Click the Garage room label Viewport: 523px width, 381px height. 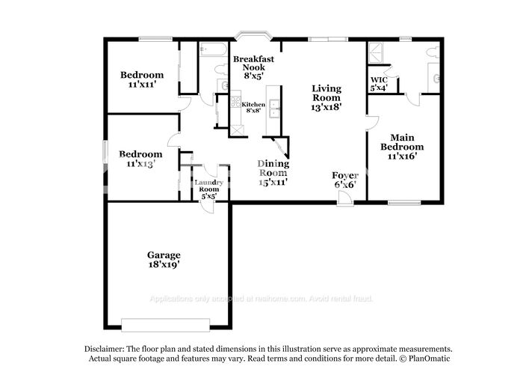click(x=163, y=255)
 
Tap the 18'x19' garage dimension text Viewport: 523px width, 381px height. click(x=163, y=264)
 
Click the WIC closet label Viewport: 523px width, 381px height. click(x=379, y=80)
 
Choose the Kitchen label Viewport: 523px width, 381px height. click(x=252, y=104)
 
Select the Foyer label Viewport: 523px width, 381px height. click(x=344, y=175)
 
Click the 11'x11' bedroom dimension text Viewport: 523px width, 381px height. click(x=142, y=85)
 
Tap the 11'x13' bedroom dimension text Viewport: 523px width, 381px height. click(x=140, y=163)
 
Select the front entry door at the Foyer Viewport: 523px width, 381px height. click(x=344, y=199)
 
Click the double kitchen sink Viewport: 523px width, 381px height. click(x=274, y=109)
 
